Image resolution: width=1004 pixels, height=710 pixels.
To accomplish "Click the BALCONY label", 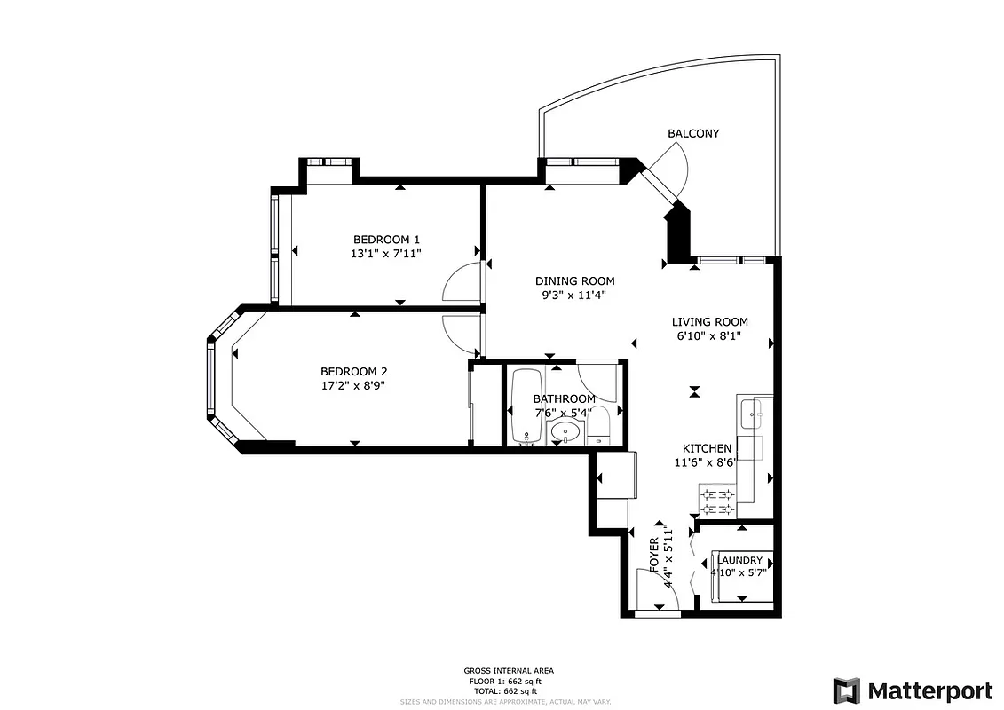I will pos(693,133).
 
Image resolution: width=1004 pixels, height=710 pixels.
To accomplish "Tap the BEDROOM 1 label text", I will pos(386,239).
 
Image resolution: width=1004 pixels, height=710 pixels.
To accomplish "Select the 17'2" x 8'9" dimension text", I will pos(352,385).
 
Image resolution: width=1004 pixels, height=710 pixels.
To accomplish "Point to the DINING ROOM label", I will pos(574,281).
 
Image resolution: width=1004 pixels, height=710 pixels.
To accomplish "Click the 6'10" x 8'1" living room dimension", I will pos(709,336).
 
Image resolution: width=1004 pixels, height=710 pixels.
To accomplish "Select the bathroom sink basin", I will pos(564,433).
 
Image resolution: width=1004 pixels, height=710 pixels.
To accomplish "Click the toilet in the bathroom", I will pos(599,427).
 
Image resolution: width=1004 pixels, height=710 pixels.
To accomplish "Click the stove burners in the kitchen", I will pos(717,501).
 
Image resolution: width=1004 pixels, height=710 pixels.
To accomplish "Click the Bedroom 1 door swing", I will pos(462,284).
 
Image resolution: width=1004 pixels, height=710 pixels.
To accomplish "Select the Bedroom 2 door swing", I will pos(462,332).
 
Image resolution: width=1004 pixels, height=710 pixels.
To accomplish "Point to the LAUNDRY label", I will pos(739,560).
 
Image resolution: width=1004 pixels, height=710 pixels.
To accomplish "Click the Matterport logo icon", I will pos(846,690).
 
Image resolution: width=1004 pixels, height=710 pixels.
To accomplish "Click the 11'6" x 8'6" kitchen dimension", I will pos(707,461).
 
